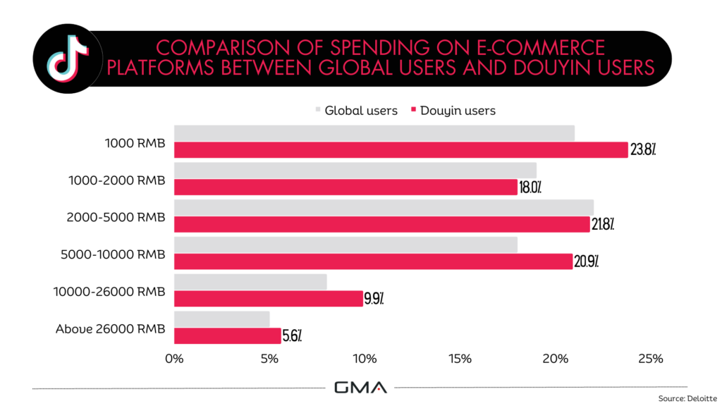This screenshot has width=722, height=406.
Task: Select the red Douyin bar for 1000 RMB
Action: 400,150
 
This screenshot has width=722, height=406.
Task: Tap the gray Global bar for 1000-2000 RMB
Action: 355,171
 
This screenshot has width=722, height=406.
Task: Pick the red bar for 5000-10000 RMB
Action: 373,262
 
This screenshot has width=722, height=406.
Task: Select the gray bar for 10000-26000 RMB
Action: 250,282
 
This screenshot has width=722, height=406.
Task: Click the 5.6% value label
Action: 292,336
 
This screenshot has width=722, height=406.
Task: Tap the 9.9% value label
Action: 374,299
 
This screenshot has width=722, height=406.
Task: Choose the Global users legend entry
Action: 357,111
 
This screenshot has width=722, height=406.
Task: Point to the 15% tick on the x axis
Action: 460,359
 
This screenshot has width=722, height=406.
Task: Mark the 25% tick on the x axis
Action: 650,359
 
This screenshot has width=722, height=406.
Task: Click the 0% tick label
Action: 174,359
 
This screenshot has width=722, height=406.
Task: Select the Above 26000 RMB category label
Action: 109,328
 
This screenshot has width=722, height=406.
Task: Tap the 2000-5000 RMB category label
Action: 117,217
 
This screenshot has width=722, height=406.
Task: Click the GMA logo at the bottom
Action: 360,388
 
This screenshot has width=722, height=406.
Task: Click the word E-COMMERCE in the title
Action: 531,48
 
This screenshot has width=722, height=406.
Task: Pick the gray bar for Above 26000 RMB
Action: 221,319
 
